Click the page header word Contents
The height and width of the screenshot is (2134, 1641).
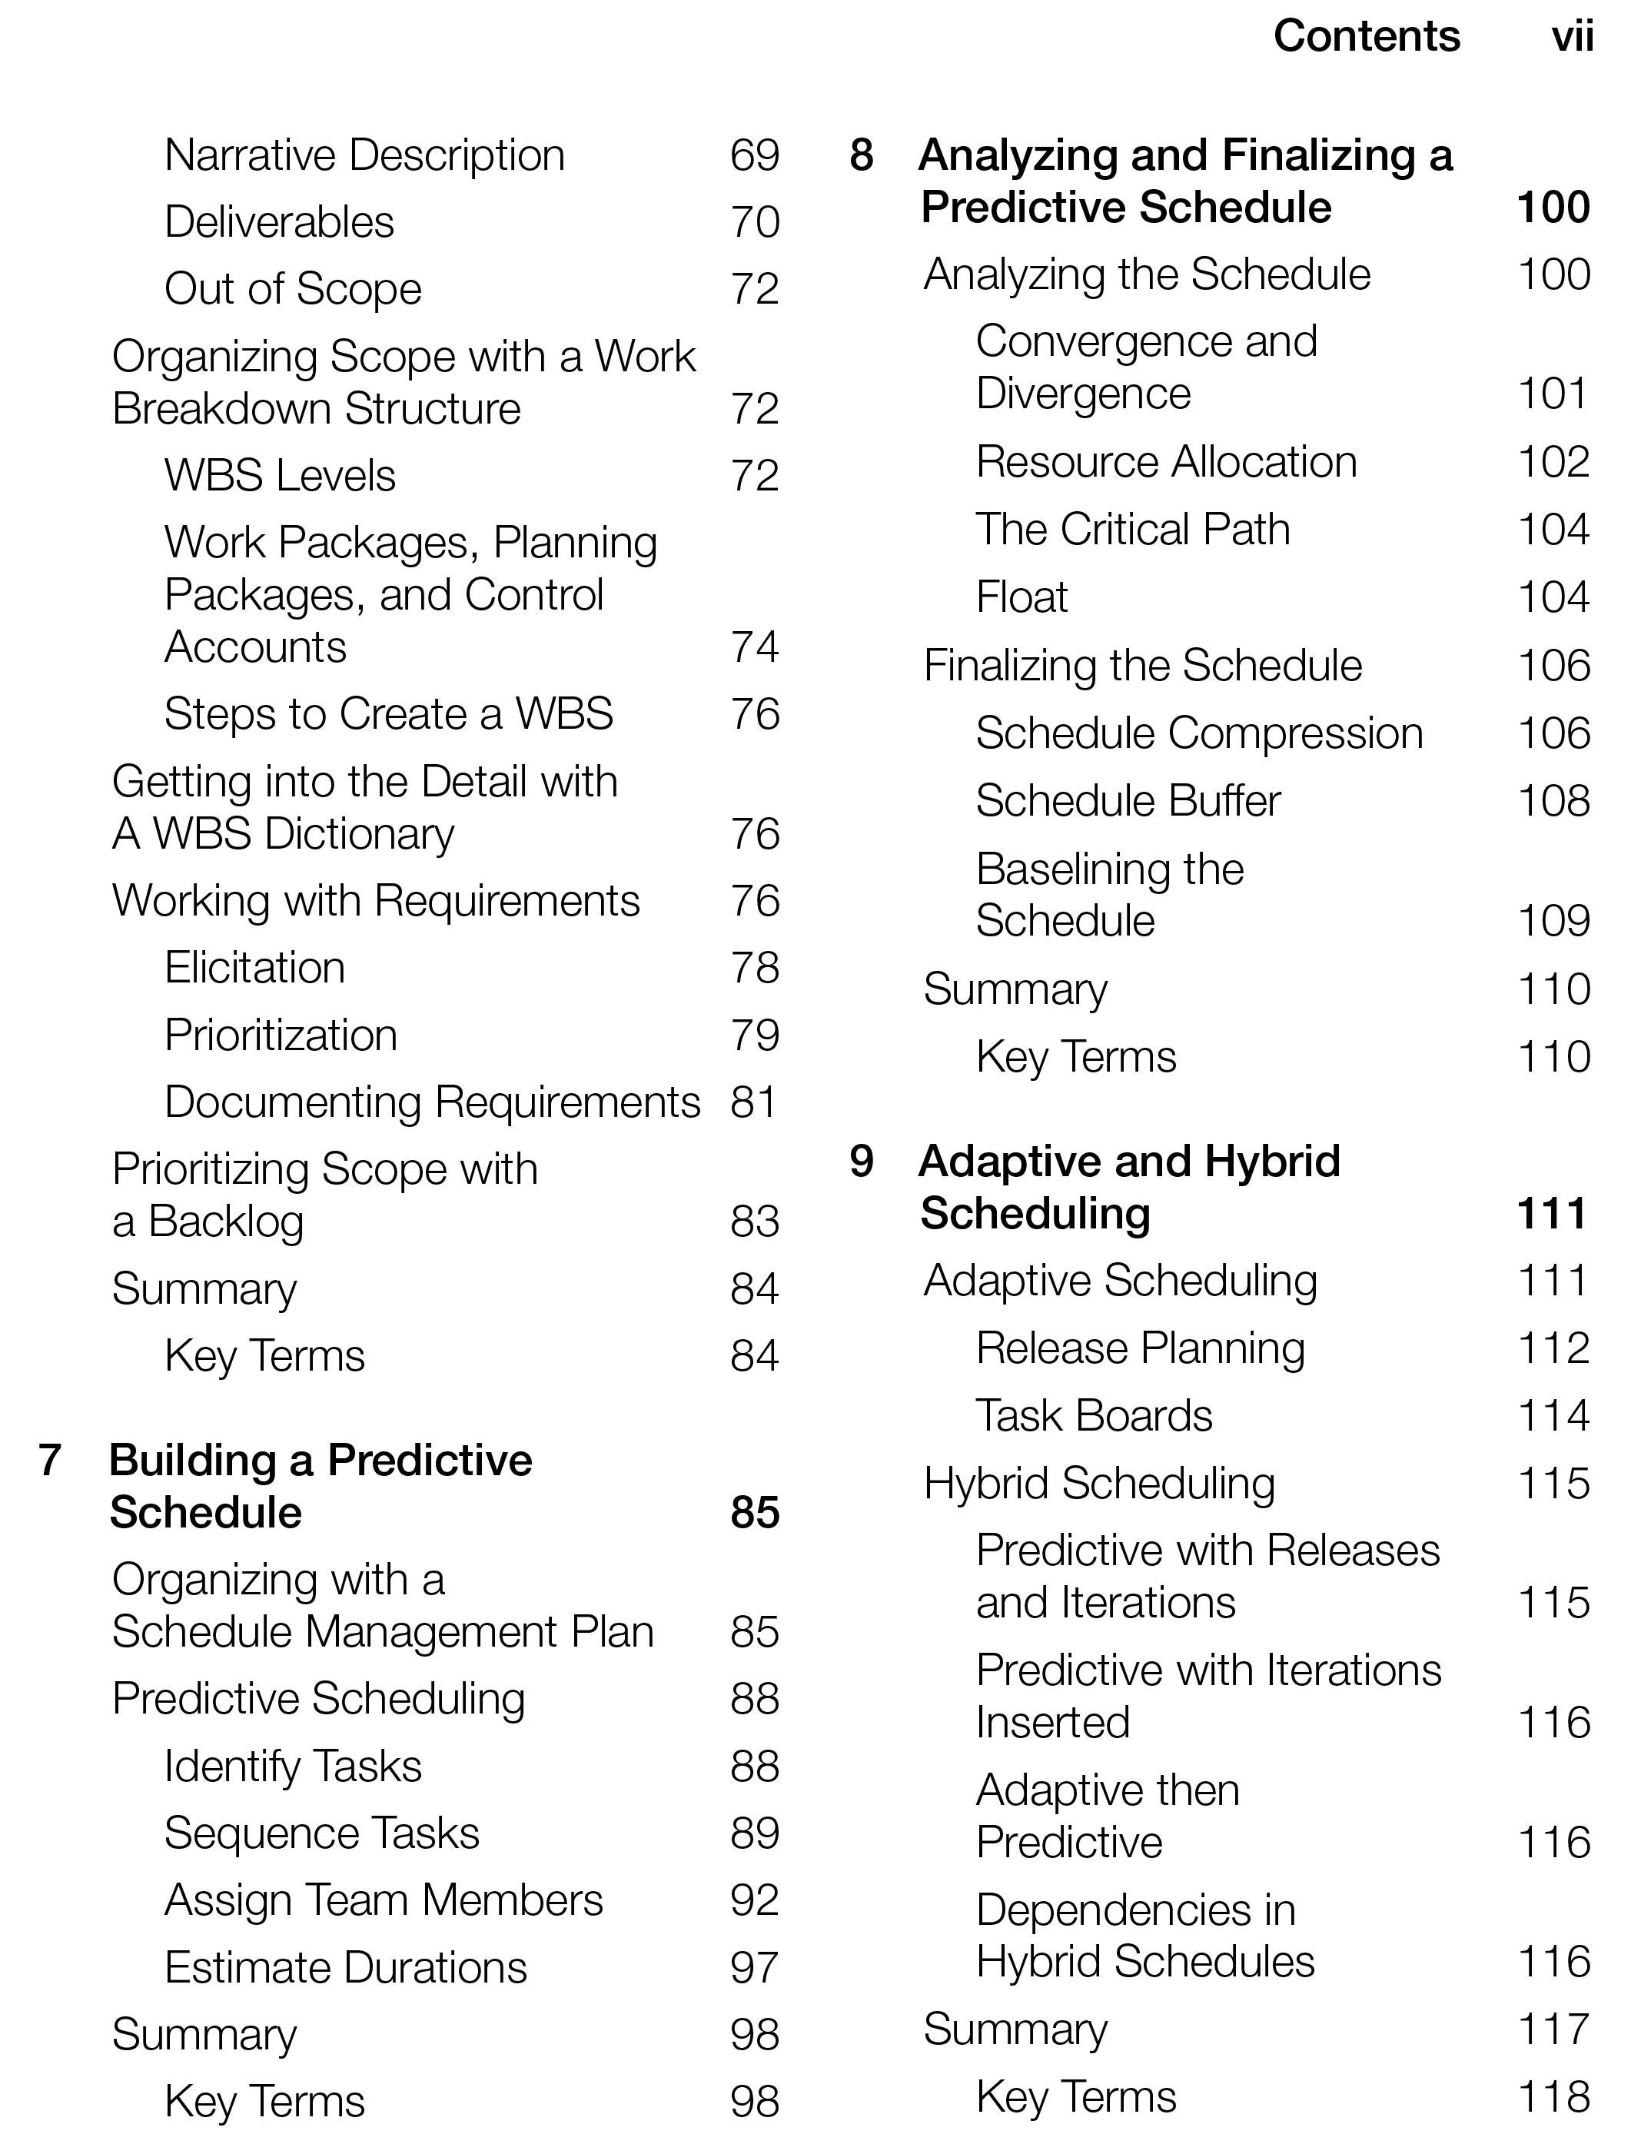tap(1367, 37)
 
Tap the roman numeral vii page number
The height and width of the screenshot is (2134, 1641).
tap(1572, 37)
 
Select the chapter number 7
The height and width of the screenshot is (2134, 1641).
tap(50, 1460)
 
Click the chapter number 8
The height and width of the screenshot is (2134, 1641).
tap(861, 155)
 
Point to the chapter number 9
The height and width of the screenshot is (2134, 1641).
tap(861, 1162)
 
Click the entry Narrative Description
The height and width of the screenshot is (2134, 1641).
tap(364, 155)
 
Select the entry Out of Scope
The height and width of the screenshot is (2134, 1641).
tap(292, 289)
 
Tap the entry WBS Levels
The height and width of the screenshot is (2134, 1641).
tap(279, 476)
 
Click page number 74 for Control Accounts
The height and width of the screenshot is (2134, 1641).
tap(754, 647)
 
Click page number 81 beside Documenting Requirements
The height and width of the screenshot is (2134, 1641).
tap(753, 1102)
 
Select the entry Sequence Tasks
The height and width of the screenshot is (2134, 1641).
tap(321, 1833)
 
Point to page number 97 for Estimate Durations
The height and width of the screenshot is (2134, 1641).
tap(754, 1967)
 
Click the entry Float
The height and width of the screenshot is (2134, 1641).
tap(1021, 597)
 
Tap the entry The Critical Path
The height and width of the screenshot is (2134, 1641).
tap(1132, 530)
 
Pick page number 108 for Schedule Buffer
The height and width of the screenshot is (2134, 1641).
tap(1553, 801)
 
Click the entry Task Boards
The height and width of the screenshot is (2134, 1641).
tap(1094, 1416)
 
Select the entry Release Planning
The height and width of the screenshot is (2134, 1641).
tap(1140, 1349)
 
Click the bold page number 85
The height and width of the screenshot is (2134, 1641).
tap(754, 1512)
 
